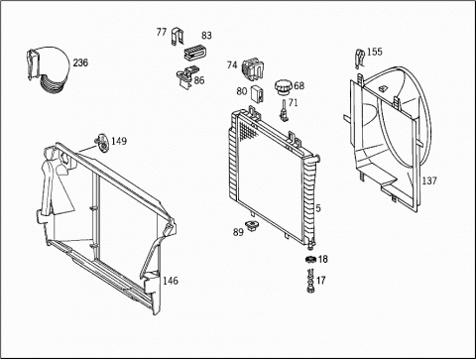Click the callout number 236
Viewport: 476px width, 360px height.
click(80, 62)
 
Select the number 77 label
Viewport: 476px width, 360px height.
click(162, 32)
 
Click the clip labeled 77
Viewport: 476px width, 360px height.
click(178, 38)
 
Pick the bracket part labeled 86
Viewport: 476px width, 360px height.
click(185, 77)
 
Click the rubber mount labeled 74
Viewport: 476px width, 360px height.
click(254, 68)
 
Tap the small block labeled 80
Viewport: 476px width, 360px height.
click(258, 94)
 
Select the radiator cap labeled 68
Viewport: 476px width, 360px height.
click(283, 87)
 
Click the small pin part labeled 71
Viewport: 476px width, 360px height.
click(284, 110)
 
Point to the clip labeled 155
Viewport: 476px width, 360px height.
click(359, 58)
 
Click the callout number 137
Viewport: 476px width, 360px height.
click(429, 180)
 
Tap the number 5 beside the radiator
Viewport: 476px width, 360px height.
click(318, 208)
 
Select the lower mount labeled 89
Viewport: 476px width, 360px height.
click(253, 226)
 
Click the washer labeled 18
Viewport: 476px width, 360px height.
click(310, 259)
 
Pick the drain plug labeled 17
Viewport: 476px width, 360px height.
click(310, 281)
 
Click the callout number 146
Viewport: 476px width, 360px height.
click(171, 281)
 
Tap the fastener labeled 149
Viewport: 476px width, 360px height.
click(102, 144)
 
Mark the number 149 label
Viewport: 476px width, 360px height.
click(119, 141)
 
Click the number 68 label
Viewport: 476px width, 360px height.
click(298, 85)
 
